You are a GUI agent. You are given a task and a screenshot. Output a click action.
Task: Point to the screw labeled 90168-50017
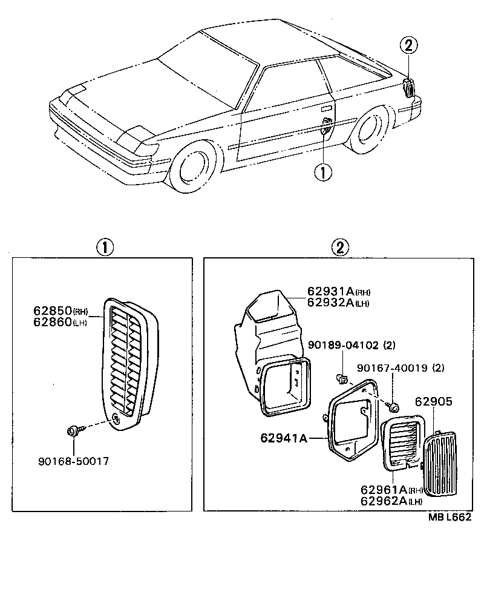(72, 431)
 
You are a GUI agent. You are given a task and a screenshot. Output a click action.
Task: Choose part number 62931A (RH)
(330, 292)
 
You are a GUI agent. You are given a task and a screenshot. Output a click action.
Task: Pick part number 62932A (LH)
(330, 303)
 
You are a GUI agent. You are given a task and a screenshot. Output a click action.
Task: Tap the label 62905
(433, 401)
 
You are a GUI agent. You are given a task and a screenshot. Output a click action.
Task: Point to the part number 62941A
(284, 437)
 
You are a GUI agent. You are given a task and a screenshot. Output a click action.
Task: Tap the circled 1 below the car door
(322, 173)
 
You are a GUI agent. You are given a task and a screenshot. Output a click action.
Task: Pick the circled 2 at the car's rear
(409, 45)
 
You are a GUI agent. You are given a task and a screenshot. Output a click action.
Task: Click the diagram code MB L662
(450, 518)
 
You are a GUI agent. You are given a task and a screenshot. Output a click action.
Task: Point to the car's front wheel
(195, 166)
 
